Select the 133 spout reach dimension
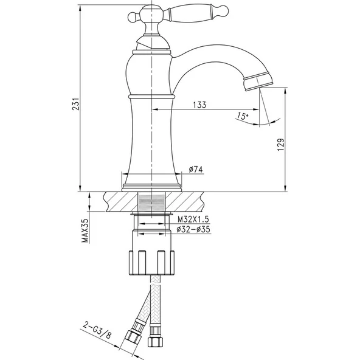(x=199, y=105)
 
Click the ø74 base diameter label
(x=195, y=169)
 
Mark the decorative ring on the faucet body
(x=151, y=96)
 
